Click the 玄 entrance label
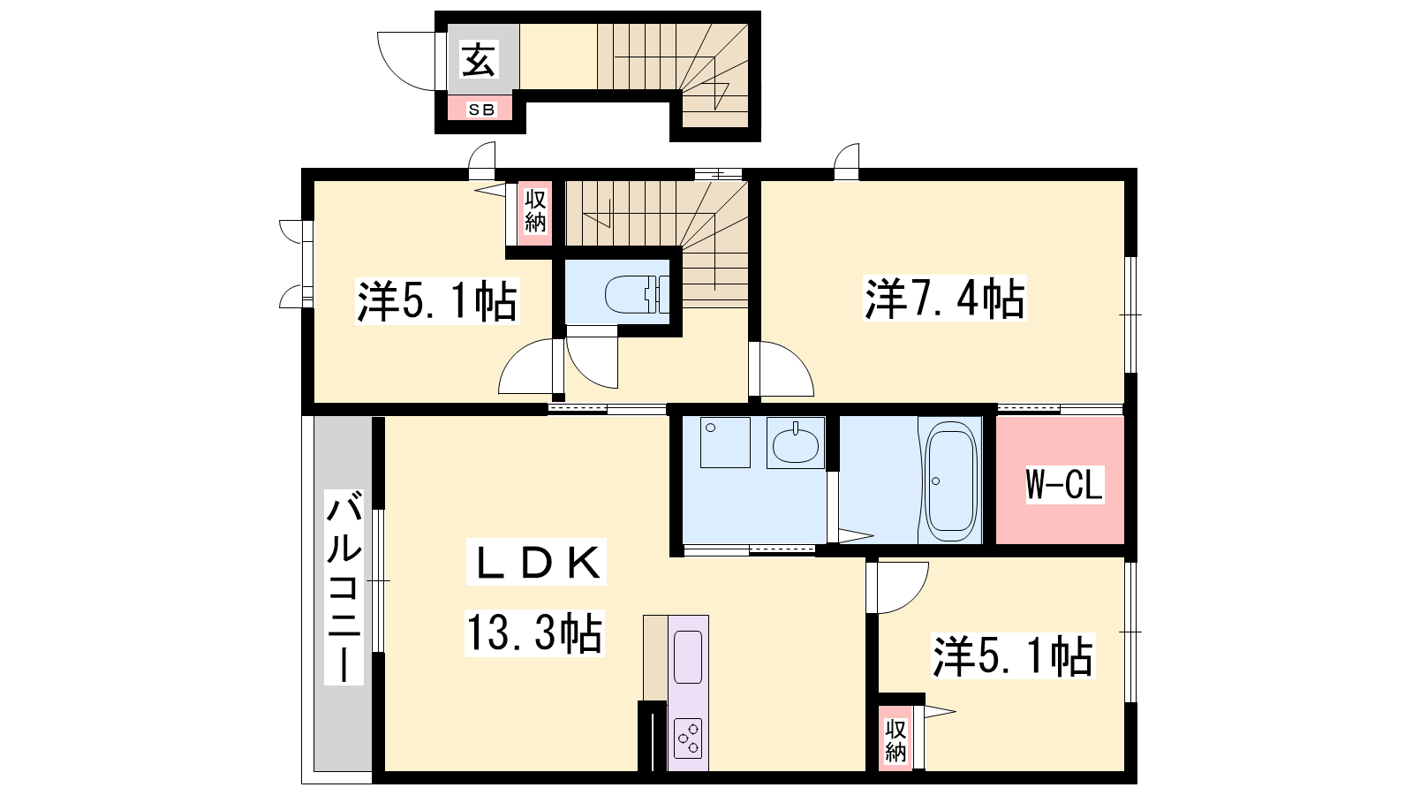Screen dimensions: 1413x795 coord(479,59)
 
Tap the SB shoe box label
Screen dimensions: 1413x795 coord(481,110)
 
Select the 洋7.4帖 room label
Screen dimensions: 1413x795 coord(944,299)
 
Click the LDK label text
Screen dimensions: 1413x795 coord(536,562)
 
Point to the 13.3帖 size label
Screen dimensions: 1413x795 coord(534,632)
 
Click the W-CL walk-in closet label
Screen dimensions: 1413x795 coord(1064,484)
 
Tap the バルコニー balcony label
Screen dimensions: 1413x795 coord(344,587)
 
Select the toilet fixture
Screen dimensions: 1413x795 coord(637,294)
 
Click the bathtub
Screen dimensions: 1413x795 coord(950,481)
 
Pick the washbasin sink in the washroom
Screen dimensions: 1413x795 coord(796,443)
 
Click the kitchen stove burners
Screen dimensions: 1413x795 coord(688,738)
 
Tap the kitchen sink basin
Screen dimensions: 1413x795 coord(688,657)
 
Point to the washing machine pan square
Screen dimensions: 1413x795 coord(725,443)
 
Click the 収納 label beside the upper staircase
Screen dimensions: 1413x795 coord(535,211)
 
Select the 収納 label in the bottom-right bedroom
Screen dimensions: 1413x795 coord(895,740)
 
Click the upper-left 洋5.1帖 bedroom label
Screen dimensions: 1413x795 coord(437,301)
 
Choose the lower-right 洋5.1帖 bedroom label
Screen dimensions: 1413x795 coord(1013,657)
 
